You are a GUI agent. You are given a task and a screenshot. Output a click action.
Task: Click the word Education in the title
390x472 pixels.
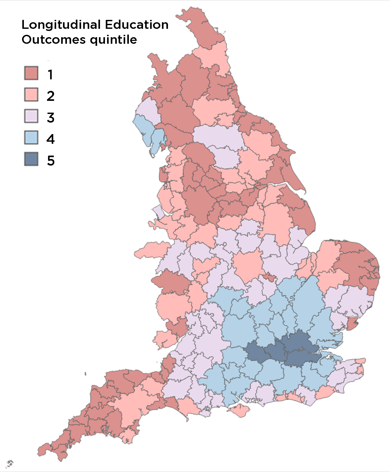tap(136, 25)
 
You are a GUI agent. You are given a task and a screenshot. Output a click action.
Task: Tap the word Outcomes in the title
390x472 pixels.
tap(54, 40)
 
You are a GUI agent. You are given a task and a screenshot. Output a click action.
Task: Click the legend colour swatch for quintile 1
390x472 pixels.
tap(31, 73)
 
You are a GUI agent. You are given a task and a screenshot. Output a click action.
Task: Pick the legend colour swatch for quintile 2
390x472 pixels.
tap(31, 95)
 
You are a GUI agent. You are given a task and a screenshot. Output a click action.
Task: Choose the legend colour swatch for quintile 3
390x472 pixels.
tap(31, 116)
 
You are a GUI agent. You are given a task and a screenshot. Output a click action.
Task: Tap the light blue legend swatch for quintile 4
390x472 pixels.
tap(31, 138)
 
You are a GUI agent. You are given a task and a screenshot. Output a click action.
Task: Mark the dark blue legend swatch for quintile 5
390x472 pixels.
tap(31, 159)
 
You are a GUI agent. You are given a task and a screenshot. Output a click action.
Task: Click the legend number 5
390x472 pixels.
tap(51, 161)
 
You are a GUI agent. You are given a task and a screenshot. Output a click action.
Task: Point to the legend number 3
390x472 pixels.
tap(51, 118)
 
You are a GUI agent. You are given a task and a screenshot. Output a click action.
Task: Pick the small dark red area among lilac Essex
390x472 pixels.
tap(352, 324)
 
